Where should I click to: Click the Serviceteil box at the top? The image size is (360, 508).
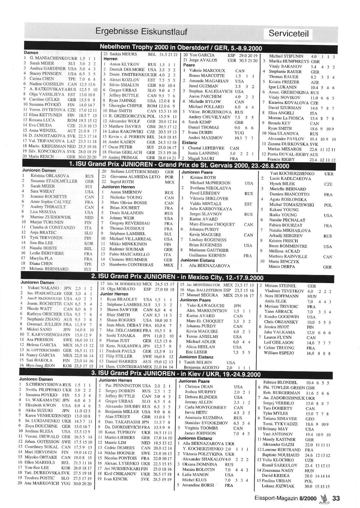coord(289,34)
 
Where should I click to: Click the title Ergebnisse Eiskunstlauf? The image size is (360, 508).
coord(141,32)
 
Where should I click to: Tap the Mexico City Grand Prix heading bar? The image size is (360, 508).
coord(177,277)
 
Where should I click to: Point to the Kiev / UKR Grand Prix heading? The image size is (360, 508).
coord(176,374)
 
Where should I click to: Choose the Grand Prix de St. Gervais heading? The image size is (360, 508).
coord(179,166)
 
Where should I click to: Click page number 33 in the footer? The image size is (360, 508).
coord(336,498)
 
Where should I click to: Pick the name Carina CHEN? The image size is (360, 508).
coord(41,78)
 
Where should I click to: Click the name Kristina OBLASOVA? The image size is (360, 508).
coord(48,176)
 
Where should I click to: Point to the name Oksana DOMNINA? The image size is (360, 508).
coord(197,464)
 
